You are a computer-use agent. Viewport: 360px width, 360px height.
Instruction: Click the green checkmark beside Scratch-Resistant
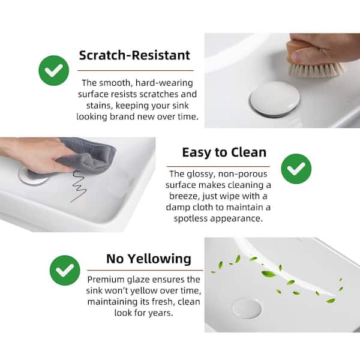[x=54, y=71]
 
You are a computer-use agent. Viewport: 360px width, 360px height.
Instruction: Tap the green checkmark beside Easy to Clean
[x=296, y=169]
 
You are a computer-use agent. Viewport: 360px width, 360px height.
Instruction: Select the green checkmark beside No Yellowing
[x=65, y=270]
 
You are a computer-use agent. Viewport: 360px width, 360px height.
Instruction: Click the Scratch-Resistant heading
[x=134, y=56]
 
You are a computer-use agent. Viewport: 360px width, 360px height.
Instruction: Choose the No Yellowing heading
[x=149, y=259]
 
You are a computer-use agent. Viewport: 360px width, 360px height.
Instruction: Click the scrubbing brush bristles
[x=316, y=69]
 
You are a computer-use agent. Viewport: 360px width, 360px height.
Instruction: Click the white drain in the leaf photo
[x=247, y=308]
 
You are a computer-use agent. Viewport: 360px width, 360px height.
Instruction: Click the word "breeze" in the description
[x=185, y=196]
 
